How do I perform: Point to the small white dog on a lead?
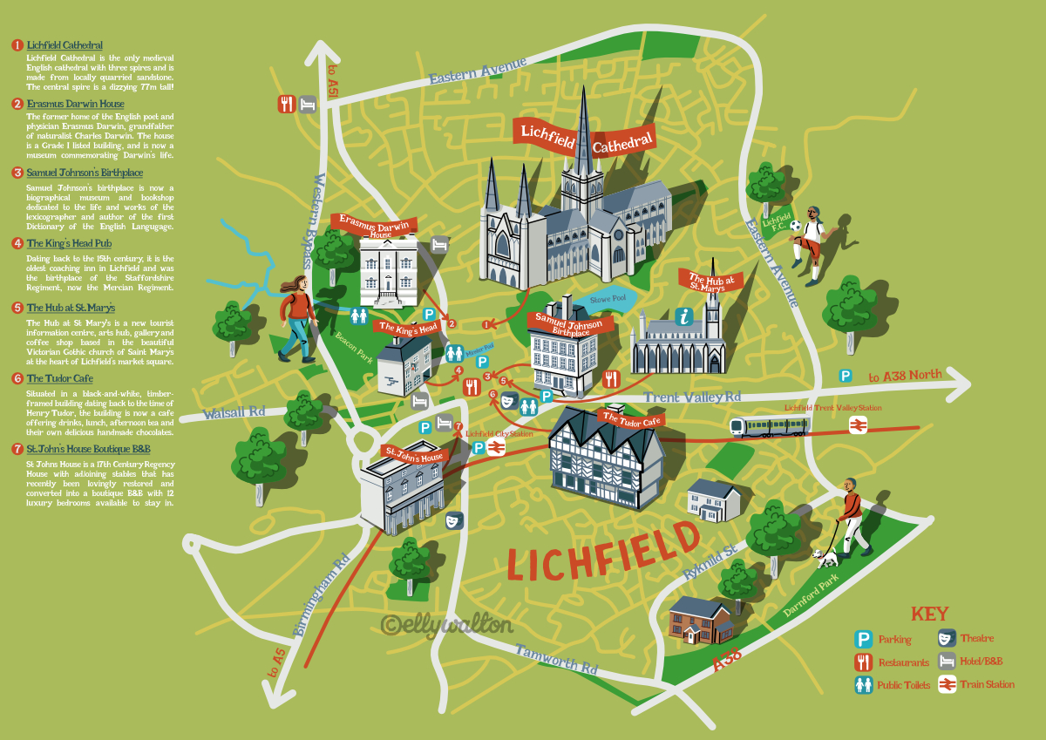coord(824,556)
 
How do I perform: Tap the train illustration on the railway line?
coord(769,425)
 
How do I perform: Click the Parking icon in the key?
coord(864,639)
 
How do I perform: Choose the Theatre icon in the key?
coord(946,638)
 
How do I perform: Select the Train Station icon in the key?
coord(946,683)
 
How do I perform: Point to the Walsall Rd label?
coord(234,412)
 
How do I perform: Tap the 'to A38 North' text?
coord(905,376)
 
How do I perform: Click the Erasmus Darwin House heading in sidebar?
coord(75,105)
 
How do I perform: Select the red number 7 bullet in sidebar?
coord(17,450)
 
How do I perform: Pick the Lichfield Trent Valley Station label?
coord(832,408)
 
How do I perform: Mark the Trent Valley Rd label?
coord(691,397)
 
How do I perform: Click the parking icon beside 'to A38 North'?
coord(846,376)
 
